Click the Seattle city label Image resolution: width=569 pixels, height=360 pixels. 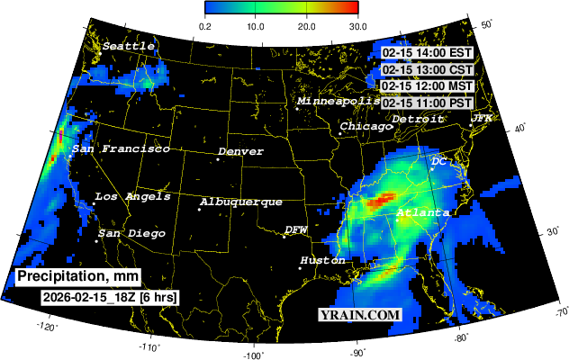pyautogui.click(x=128, y=46)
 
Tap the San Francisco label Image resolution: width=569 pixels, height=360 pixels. pyautogui.click(x=121, y=148)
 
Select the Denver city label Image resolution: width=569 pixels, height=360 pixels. pyautogui.click(x=240, y=152)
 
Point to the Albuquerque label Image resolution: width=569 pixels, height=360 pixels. pyautogui.click(x=240, y=202)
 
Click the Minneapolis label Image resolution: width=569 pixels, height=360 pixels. pyautogui.click(x=339, y=102)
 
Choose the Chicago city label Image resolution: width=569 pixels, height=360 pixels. pyautogui.click(x=366, y=127)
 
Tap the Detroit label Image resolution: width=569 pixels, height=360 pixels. pyautogui.click(x=418, y=119)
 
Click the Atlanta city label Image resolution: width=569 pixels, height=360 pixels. pyautogui.click(x=422, y=213)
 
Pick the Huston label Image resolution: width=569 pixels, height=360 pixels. pyautogui.click(x=321, y=260)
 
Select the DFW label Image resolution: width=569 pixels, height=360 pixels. pyautogui.click(x=296, y=230)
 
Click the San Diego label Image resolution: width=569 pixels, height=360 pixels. pyautogui.click(x=131, y=234)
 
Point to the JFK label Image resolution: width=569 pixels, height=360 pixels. pyautogui.click(x=482, y=119)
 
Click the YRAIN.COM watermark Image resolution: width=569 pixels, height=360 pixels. pyautogui.click(x=359, y=315)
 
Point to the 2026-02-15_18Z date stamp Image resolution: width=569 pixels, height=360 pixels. pyautogui.click(x=109, y=296)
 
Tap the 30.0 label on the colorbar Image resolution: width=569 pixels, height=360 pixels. pyautogui.click(x=357, y=25)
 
